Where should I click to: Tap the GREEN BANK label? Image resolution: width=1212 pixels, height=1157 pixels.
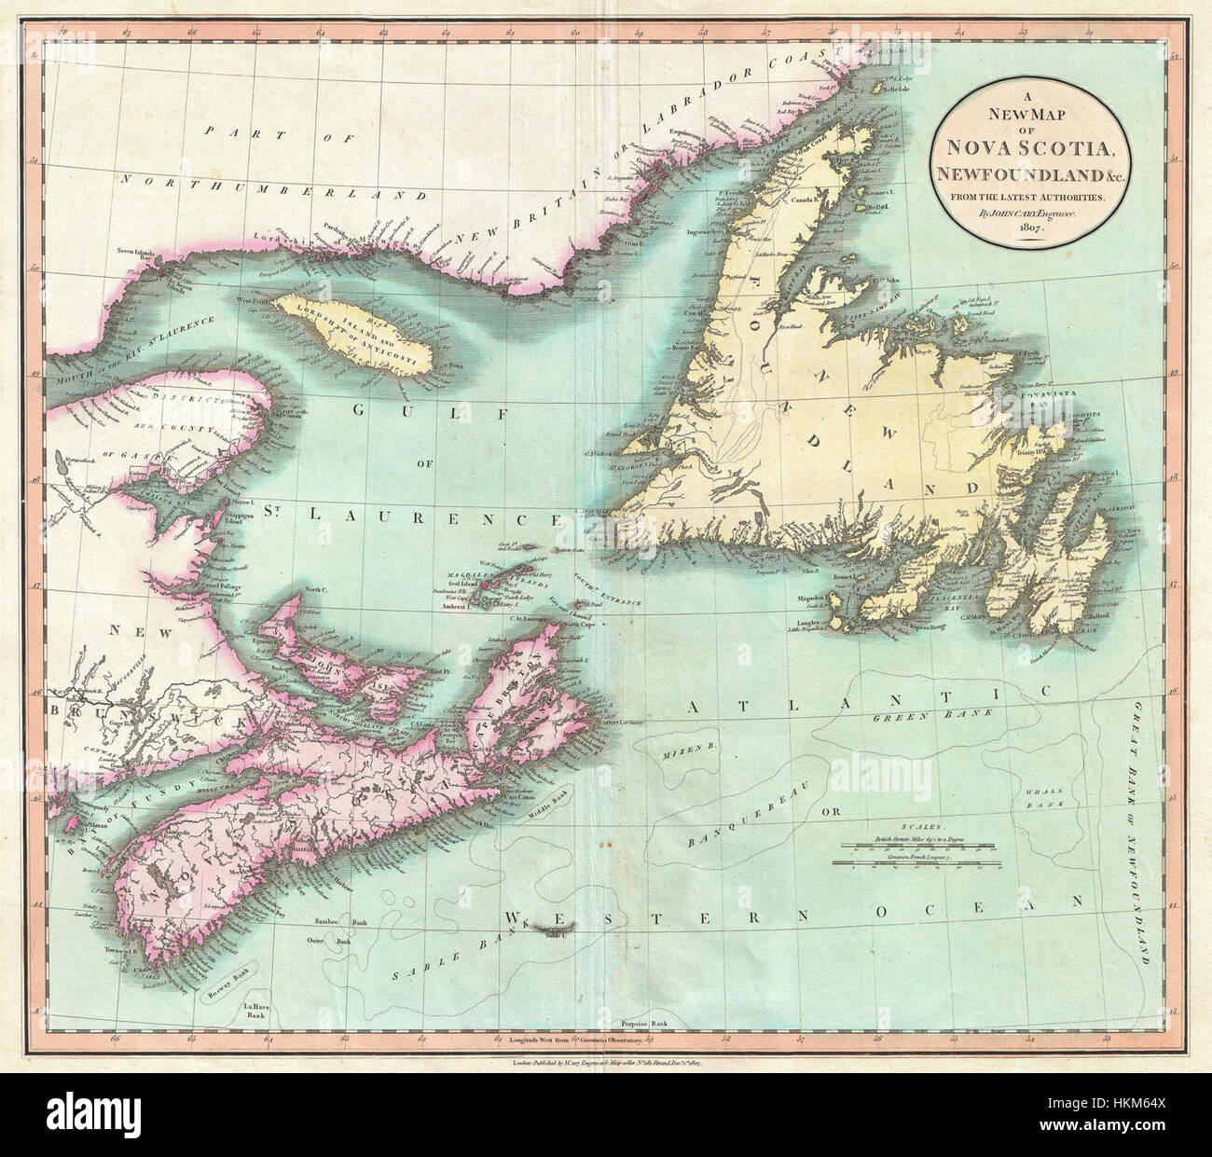912,718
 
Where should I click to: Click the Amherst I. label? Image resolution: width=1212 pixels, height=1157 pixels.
454,606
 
